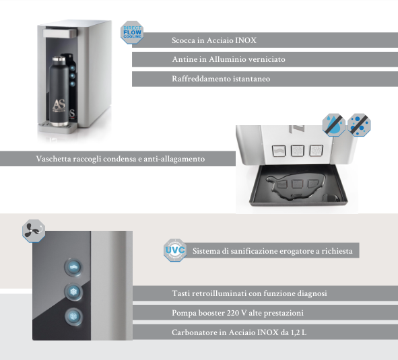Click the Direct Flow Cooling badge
(132, 32)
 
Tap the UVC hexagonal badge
(175, 250)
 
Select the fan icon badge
(34, 231)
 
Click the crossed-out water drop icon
(333, 124)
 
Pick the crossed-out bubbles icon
(359, 124)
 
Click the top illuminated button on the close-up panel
(73, 266)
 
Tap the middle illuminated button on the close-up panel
(73, 292)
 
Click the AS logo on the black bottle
(59, 105)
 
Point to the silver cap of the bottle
(59, 60)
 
